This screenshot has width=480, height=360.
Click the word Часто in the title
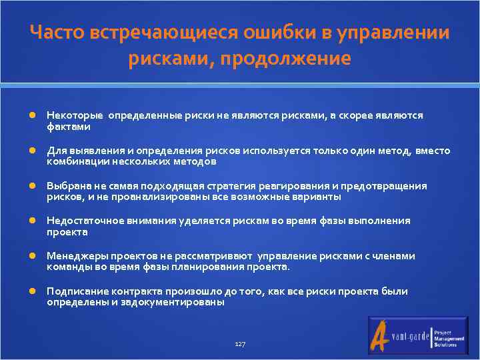click(57, 33)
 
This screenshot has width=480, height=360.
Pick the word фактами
click(68, 126)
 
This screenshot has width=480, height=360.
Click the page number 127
click(240, 344)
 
